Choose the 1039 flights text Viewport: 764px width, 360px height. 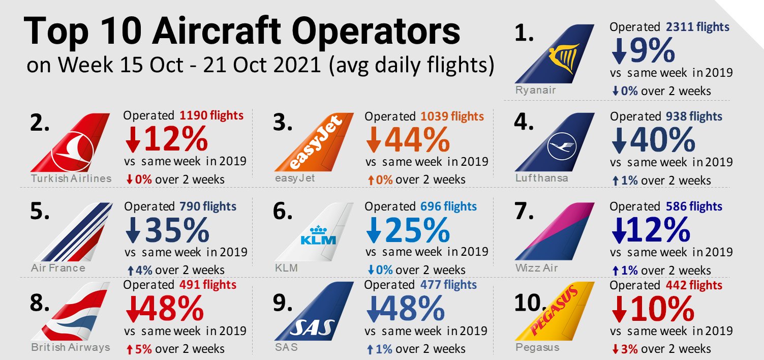(x=452, y=116)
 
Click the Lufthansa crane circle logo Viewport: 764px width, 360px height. (x=560, y=147)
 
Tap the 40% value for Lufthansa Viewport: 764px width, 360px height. (x=661, y=139)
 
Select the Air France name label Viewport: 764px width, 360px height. (x=57, y=267)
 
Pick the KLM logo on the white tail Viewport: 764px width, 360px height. (x=319, y=234)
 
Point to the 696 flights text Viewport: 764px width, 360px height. (x=448, y=206)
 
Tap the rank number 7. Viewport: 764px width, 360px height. (x=525, y=211)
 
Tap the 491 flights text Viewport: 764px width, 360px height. (x=208, y=285)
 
